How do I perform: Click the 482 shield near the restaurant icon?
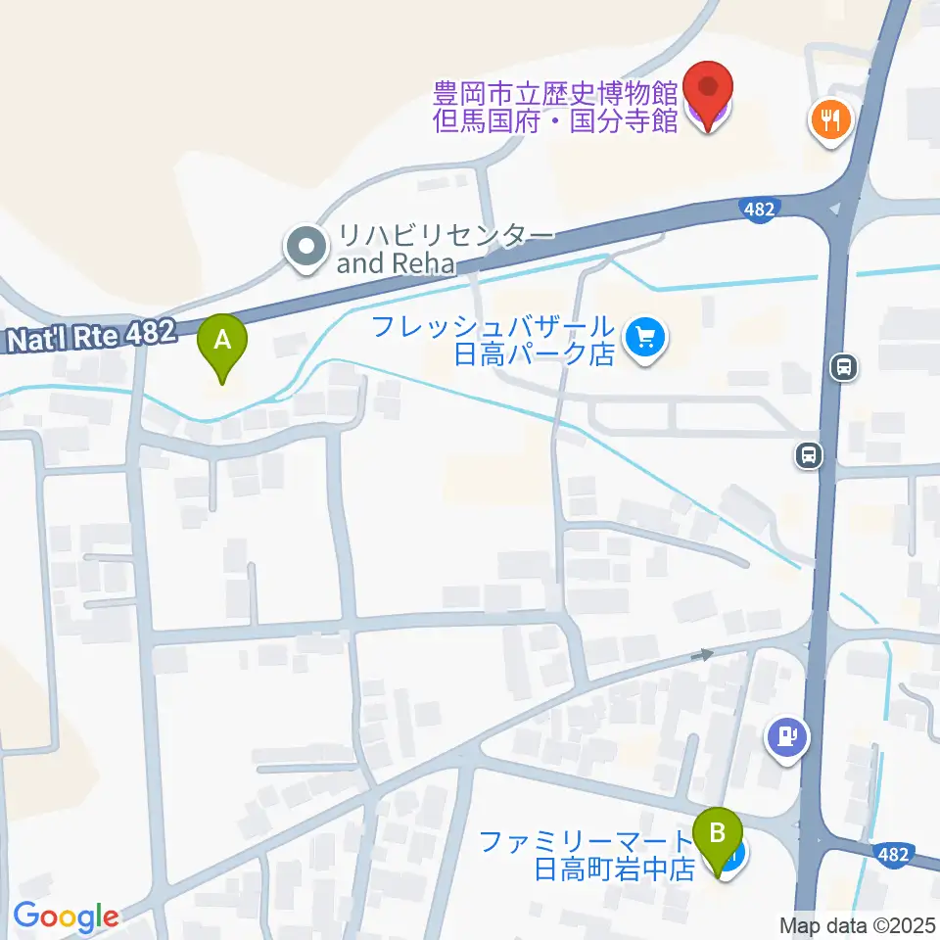coord(759,209)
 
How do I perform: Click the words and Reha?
coord(397,263)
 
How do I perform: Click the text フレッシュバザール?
coord(493,327)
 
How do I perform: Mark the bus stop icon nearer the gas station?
coord(808,454)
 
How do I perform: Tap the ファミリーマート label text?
coord(586,841)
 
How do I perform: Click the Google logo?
coord(66,916)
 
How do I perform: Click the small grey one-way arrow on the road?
coord(702,654)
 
